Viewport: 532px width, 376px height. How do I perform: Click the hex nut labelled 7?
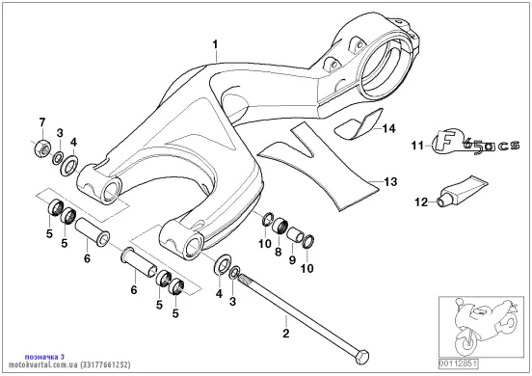(42, 147)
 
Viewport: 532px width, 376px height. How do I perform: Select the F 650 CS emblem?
(475, 142)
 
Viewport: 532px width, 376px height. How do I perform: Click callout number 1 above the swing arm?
(216, 44)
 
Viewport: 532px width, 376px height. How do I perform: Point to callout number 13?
(390, 182)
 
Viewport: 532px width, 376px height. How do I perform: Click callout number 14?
(388, 128)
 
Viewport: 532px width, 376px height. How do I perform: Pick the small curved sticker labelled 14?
(359, 124)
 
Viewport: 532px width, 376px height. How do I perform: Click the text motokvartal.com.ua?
(43, 364)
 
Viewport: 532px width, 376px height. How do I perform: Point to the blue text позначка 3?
(44, 357)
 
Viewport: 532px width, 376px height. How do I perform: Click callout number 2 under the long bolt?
(286, 333)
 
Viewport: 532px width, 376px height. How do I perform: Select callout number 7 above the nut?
(42, 122)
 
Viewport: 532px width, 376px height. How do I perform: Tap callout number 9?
(292, 260)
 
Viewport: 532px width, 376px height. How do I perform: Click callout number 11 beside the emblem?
(417, 146)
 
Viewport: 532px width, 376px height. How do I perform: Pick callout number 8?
(279, 252)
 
